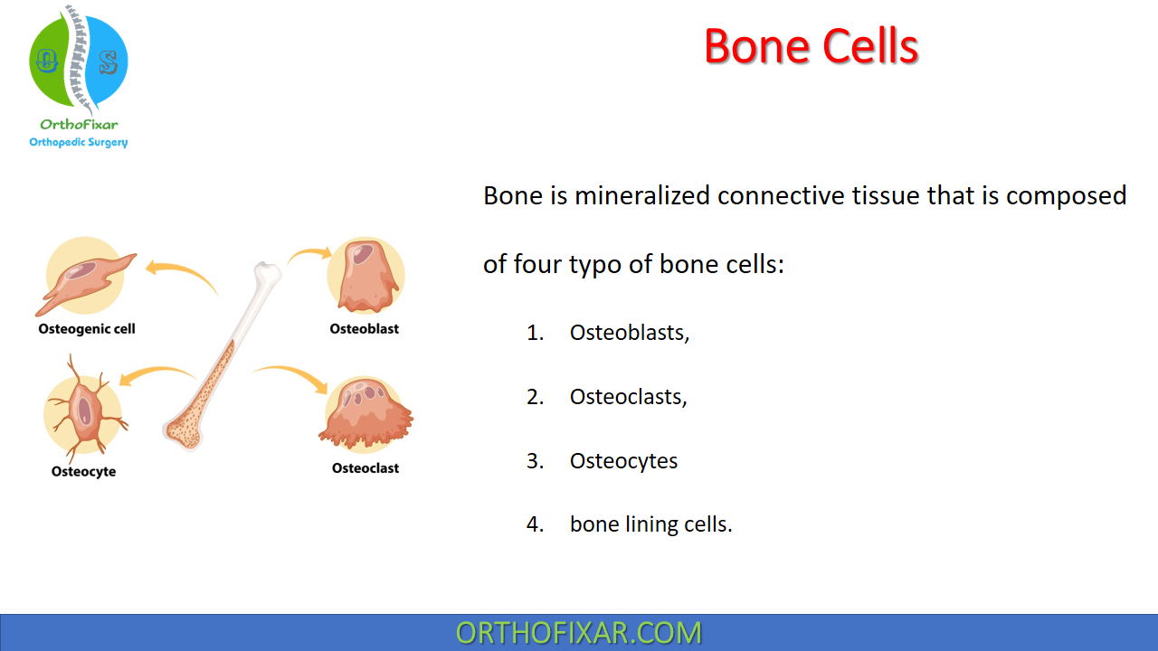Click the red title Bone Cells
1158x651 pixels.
[x=812, y=46]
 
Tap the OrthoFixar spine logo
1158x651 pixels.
[x=79, y=61]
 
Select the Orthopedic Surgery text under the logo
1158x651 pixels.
[x=79, y=142]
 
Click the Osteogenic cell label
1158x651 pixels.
[x=87, y=329]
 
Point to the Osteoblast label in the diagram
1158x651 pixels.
[x=365, y=329]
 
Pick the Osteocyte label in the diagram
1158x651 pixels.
[x=84, y=471]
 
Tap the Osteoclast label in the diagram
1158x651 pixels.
[x=365, y=468]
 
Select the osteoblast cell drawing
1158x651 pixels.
[x=366, y=276]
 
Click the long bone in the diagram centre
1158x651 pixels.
[x=223, y=356]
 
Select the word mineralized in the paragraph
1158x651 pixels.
[x=642, y=196]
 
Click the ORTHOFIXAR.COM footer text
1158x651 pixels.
[x=578, y=632]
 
